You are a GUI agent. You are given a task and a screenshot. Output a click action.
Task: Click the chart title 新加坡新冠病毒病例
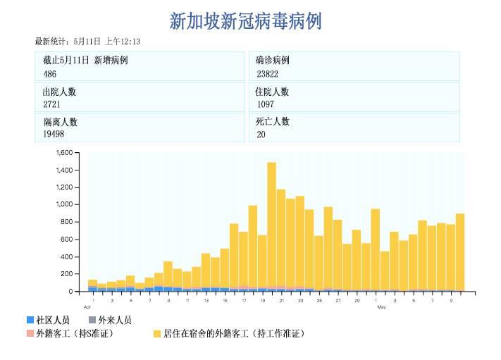point(245,21)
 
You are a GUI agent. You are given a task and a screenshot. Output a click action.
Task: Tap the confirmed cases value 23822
point(267,74)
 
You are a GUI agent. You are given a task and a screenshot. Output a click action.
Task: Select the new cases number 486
point(50,74)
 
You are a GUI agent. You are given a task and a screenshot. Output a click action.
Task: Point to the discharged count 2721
point(52,104)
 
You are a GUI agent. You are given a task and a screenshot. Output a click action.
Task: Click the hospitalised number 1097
point(266,104)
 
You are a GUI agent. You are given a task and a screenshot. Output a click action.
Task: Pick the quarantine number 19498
point(54,134)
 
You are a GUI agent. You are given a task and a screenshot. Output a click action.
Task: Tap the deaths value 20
point(261,134)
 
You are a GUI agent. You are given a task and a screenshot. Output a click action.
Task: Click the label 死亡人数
point(272,121)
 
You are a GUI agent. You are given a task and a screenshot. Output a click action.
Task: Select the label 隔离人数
point(60,121)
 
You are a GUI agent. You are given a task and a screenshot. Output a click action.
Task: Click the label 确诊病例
point(272,61)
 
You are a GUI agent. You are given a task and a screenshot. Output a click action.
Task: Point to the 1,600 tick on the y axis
point(64,153)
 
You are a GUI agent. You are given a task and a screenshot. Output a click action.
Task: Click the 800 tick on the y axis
point(67,222)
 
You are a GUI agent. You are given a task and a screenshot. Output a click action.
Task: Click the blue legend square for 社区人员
point(30,320)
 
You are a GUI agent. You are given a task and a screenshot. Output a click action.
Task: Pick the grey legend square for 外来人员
point(92,320)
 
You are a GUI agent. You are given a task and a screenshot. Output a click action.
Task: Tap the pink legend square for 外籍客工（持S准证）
point(30,333)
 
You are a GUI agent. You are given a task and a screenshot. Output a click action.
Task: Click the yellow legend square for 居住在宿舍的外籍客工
point(157,333)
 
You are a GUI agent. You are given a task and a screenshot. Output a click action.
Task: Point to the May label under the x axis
point(381,307)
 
